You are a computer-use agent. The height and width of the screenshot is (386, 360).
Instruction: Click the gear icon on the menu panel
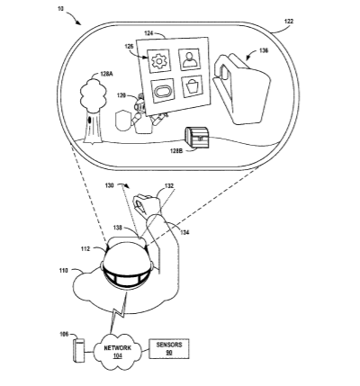[158, 61]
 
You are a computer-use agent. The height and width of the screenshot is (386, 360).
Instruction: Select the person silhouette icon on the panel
[190, 59]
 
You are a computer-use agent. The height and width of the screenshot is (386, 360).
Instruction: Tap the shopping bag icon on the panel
[192, 86]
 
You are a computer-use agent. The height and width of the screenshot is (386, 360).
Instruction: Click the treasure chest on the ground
[197, 138]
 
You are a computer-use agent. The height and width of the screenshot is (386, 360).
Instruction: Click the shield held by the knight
[122, 121]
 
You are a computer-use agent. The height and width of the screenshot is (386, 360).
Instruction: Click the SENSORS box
[169, 348]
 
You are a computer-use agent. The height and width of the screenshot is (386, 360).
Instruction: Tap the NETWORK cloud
[117, 351]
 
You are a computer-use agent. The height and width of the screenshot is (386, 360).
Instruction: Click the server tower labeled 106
[78, 350]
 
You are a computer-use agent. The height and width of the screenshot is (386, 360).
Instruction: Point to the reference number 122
[289, 22]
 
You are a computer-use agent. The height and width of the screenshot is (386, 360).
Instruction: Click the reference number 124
[149, 33]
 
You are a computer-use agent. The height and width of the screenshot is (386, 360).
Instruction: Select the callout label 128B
[176, 151]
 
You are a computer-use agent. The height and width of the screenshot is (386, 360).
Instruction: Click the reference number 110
[64, 271]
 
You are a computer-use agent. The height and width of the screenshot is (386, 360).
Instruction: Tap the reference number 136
[264, 50]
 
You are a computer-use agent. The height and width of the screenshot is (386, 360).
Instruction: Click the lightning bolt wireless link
[119, 312]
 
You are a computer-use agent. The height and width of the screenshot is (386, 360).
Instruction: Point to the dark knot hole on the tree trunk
[89, 121]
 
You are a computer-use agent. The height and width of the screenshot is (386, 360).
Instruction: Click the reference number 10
[60, 9]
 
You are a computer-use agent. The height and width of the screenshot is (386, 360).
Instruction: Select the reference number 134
[184, 232]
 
